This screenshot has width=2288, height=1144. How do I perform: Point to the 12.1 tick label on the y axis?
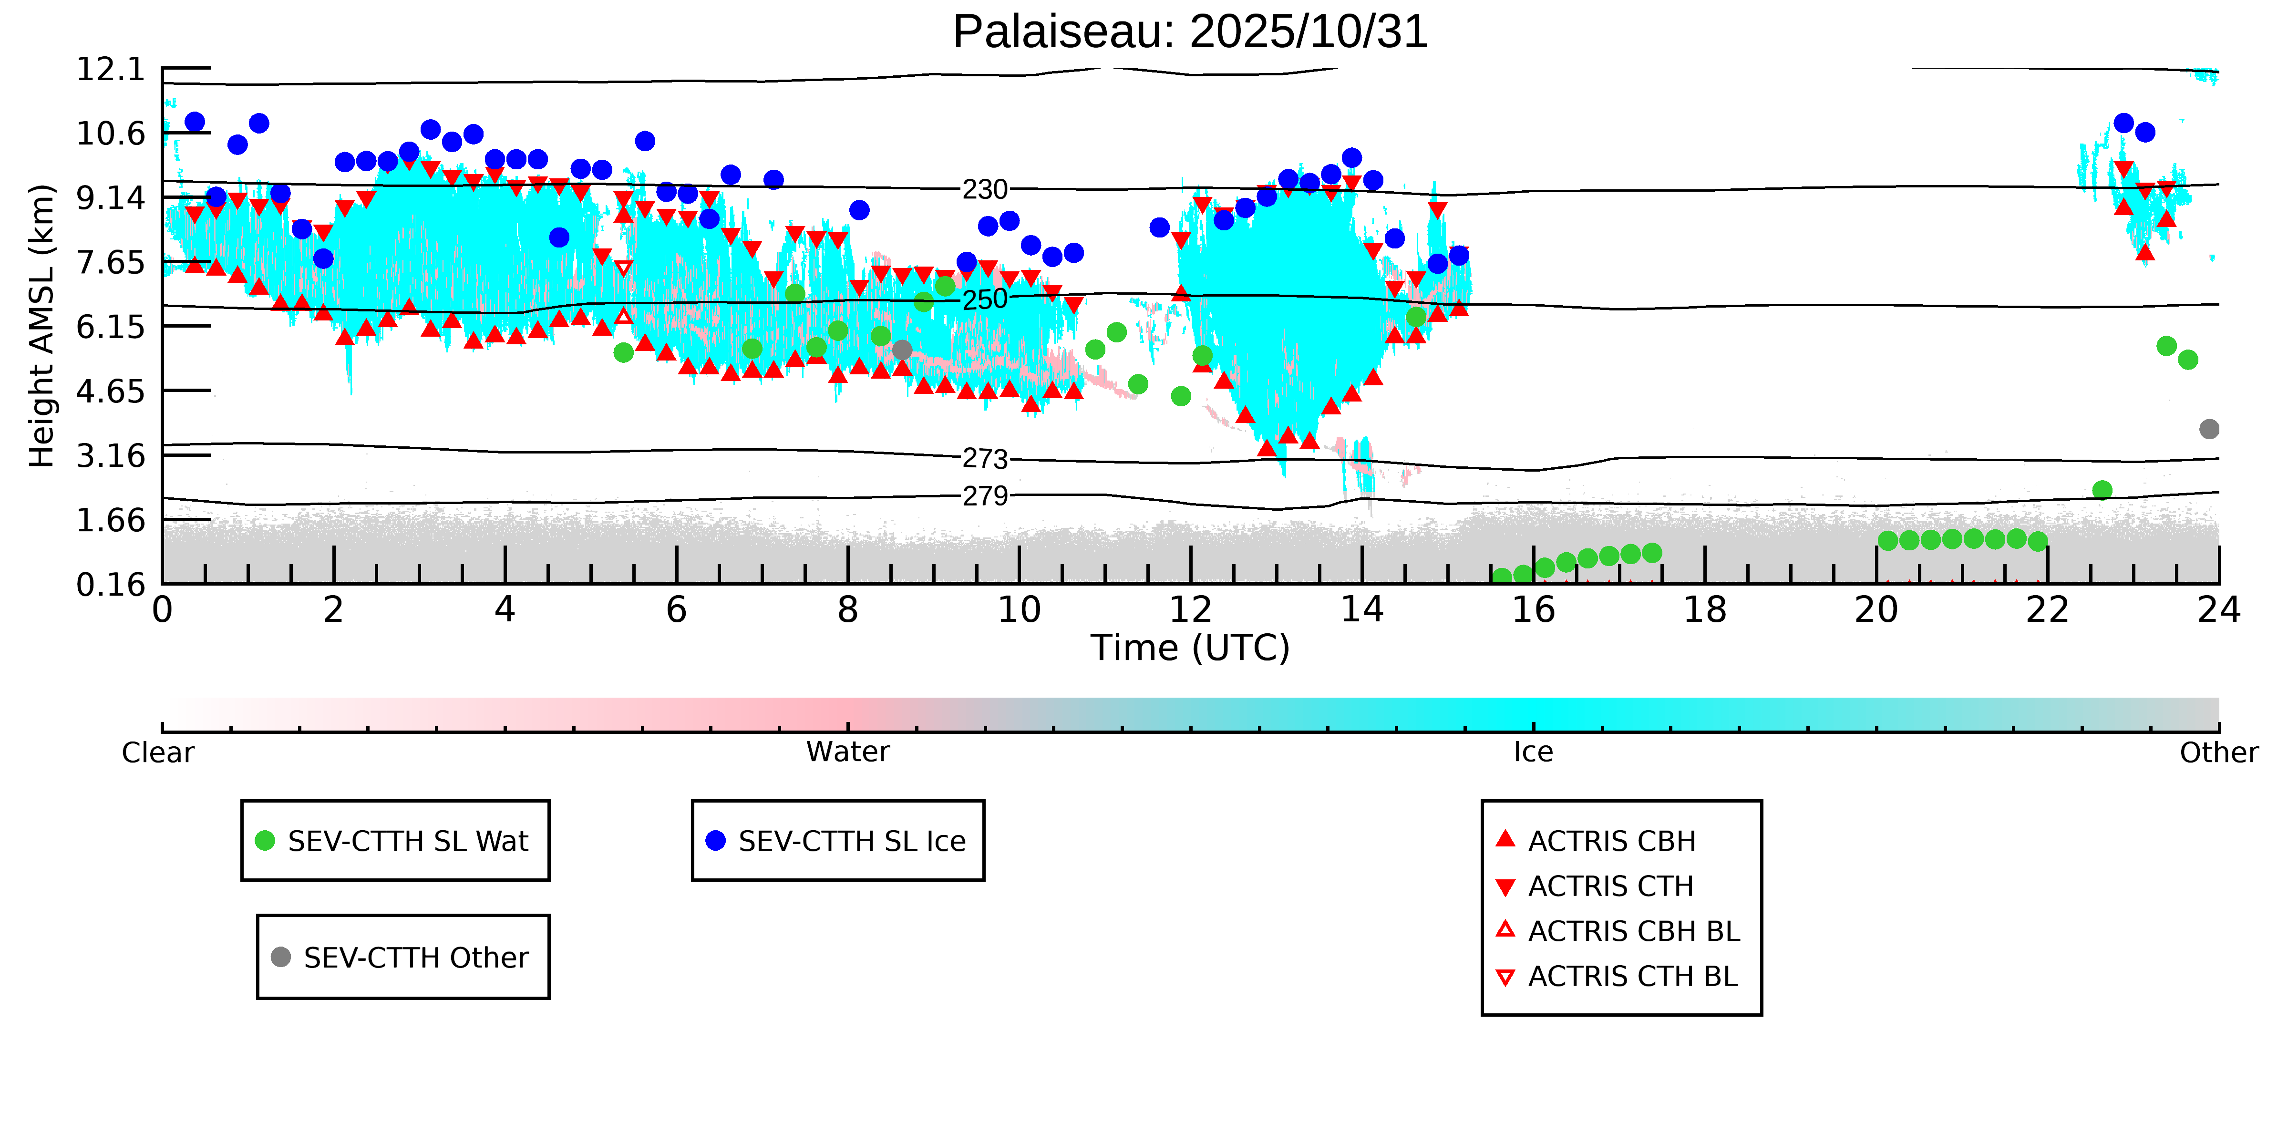110,69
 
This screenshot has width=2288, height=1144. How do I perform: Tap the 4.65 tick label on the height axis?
110,391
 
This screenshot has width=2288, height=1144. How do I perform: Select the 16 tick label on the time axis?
1533,610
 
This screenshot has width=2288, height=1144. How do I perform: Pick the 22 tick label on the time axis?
2047,610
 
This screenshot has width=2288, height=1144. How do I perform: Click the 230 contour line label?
985,189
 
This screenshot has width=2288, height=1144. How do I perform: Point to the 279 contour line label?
985,495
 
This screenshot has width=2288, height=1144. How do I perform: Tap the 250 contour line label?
985,299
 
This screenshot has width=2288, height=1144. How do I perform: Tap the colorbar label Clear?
158,752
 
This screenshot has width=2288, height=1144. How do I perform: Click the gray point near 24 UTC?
2209,429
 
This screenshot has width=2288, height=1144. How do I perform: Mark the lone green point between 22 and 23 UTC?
2102,490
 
